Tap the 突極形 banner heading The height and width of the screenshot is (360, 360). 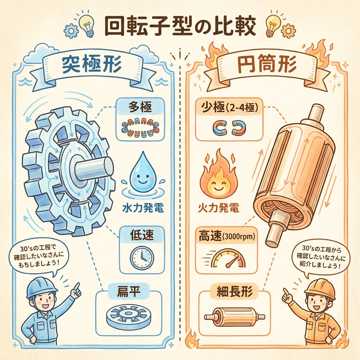92,65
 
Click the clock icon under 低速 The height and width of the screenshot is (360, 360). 142,258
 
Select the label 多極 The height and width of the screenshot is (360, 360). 140,107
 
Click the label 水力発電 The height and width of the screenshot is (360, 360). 143,208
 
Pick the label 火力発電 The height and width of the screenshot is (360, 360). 218,208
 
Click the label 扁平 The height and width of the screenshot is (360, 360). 129,291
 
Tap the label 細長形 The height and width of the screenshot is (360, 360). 234,291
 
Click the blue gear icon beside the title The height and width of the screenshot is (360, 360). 70,31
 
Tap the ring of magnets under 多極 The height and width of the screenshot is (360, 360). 140,128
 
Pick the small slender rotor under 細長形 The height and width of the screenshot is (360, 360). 234,317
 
